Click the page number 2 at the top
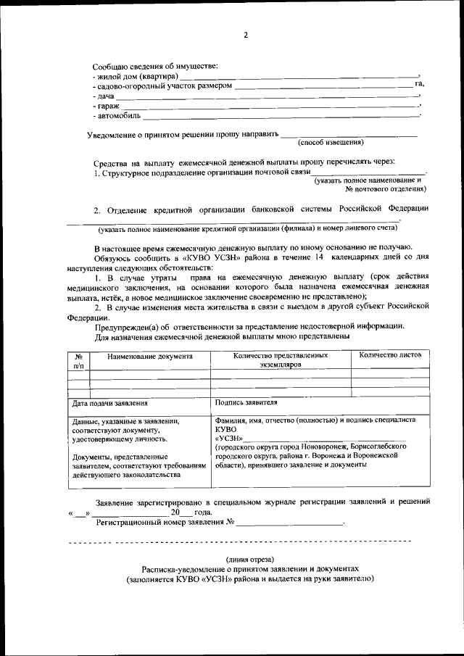[246, 35]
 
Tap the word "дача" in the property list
[104, 96]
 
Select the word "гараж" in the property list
[106, 106]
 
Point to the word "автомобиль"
[116, 116]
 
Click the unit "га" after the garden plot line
[419, 85]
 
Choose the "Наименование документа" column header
[150, 357]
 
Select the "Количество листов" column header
[390, 355]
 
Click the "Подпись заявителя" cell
[246, 402]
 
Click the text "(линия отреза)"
[249, 560]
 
